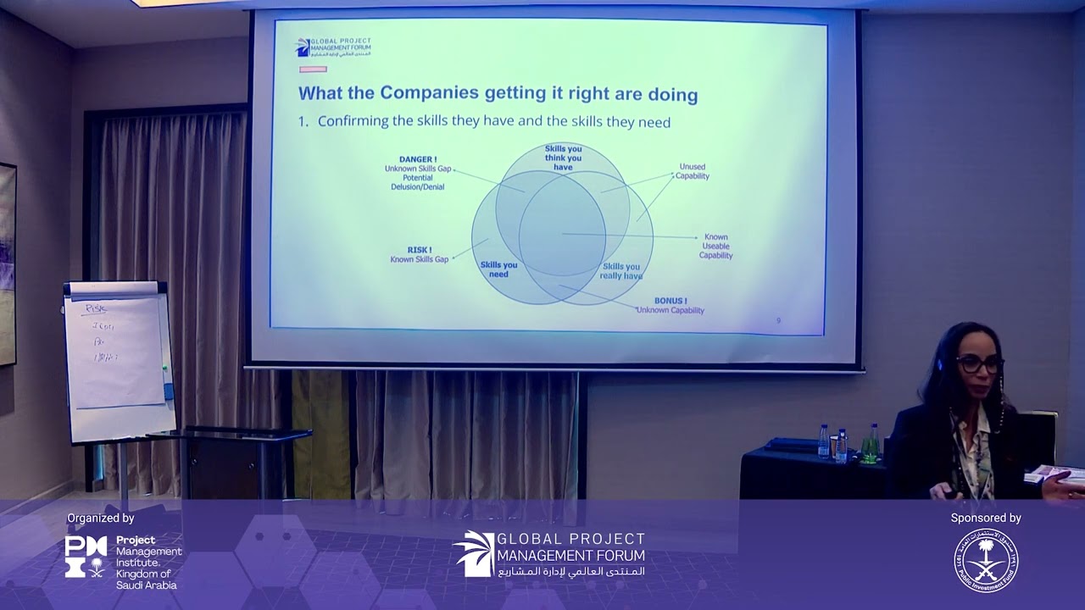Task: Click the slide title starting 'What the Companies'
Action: (x=498, y=93)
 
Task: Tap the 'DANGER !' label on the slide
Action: (x=418, y=159)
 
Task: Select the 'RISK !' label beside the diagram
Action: (x=420, y=250)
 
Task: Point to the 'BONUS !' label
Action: (x=670, y=301)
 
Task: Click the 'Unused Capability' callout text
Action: (x=692, y=171)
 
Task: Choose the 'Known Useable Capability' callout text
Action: (x=715, y=247)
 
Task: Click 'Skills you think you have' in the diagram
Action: (x=563, y=158)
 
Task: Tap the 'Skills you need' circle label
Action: (x=498, y=269)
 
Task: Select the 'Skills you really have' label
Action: (x=621, y=271)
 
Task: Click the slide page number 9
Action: (x=778, y=320)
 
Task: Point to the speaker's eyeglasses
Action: (x=980, y=365)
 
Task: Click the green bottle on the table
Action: (x=873, y=442)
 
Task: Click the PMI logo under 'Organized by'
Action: (x=86, y=557)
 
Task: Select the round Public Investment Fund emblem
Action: (x=986, y=561)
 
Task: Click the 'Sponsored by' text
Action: (x=986, y=518)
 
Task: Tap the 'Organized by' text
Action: (x=101, y=518)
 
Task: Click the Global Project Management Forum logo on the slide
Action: (x=332, y=47)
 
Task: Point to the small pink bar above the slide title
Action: (x=313, y=69)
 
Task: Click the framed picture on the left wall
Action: (x=7, y=263)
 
